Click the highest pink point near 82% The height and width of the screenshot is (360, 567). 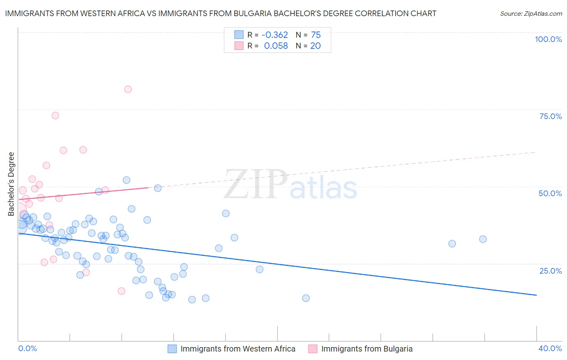(x=128, y=89)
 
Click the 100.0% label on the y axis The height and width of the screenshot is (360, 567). (x=548, y=39)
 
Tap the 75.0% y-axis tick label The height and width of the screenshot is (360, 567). (x=550, y=116)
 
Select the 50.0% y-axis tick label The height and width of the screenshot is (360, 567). (x=550, y=193)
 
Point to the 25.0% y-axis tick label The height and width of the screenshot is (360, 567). (x=550, y=271)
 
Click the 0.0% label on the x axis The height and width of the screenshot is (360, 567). (x=27, y=348)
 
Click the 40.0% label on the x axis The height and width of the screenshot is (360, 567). (x=550, y=348)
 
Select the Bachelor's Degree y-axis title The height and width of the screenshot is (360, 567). (x=11, y=184)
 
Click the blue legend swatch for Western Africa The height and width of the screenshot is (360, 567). (x=172, y=349)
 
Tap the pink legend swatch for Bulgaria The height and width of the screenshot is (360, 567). (x=313, y=349)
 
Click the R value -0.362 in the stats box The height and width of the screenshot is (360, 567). (x=275, y=35)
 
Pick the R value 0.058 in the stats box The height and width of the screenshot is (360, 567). (x=276, y=46)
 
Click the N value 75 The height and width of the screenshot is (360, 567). (x=316, y=35)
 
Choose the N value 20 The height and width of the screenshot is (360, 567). (x=315, y=46)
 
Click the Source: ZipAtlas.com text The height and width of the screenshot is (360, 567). (x=531, y=13)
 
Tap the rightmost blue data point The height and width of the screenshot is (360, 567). (x=483, y=239)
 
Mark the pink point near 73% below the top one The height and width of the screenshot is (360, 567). (x=55, y=115)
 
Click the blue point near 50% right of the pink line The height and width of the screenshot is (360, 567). (x=158, y=188)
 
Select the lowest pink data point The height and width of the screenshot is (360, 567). (x=121, y=291)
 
